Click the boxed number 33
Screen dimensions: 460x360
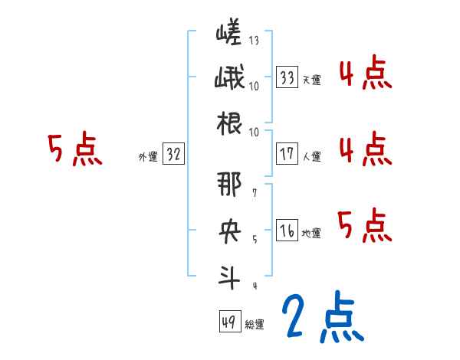287,77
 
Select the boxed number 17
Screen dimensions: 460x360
287,154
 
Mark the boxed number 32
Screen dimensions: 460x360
173,154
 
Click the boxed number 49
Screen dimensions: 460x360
228,322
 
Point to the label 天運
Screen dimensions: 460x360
311,80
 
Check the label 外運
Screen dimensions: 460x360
147,156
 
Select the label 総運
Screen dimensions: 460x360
254,324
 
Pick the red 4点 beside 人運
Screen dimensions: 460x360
364,149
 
